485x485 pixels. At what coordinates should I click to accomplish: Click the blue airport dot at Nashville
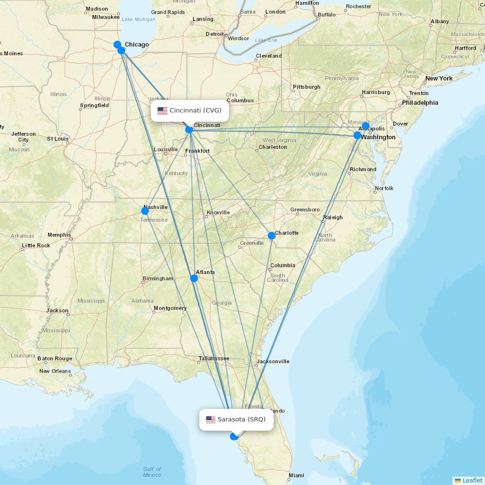(x=145, y=211)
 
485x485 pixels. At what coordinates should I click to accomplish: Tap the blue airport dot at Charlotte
(x=272, y=236)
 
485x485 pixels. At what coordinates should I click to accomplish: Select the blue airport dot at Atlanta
(x=194, y=278)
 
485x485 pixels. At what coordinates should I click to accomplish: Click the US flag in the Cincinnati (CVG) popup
(x=162, y=111)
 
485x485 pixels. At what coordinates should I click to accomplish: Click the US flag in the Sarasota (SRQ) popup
(x=210, y=420)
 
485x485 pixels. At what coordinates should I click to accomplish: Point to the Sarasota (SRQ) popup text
(x=242, y=420)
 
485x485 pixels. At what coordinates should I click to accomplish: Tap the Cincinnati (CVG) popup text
(x=195, y=111)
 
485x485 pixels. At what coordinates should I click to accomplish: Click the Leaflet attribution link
(x=472, y=480)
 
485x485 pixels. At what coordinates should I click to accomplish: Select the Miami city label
(x=296, y=475)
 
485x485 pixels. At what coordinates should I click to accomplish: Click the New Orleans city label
(x=55, y=371)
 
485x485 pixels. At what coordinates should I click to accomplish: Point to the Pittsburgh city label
(x=307, y=87)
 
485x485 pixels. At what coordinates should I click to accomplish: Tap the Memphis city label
(x=59, y=235)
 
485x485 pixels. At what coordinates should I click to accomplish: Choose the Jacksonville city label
(x=273, y=361)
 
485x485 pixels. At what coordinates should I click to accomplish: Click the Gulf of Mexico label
(x=152, y=472)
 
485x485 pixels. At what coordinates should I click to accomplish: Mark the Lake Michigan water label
(x=139, y=19)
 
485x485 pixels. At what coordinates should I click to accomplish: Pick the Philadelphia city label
(x=420, y=103)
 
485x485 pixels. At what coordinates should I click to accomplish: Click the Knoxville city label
(x=218, y=212)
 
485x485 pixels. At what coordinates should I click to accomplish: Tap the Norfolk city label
(x=384, y=188)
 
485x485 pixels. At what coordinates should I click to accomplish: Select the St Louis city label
(x=57, y=139)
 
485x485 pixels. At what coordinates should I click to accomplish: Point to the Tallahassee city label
(x=213, y=359)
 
